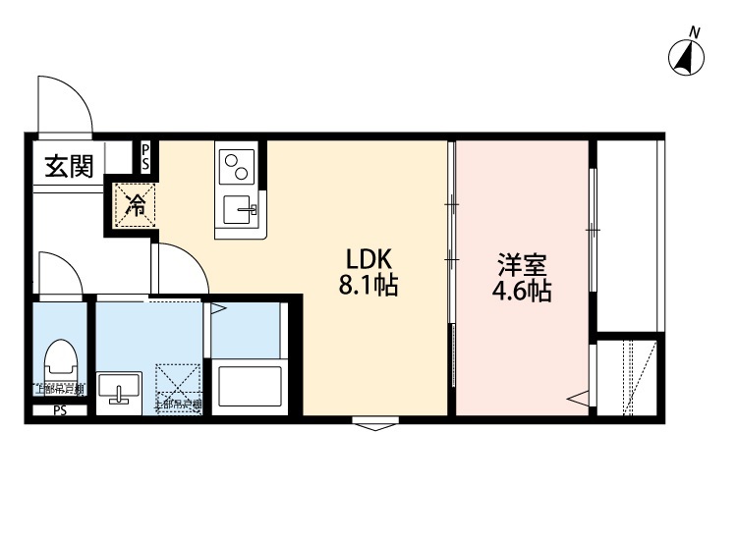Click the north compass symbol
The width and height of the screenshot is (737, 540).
pos(687,58)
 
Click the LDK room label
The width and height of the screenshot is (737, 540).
pos(368,260)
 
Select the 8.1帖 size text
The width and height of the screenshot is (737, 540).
pos(368,288)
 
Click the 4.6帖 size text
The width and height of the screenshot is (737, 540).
pos(522,292)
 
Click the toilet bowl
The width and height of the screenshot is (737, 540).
pos(61,362)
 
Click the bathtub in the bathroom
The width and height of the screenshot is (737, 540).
pos(249,385)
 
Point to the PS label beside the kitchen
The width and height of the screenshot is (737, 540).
pos(146,157)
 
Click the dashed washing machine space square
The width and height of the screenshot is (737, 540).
pos(179,387)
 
